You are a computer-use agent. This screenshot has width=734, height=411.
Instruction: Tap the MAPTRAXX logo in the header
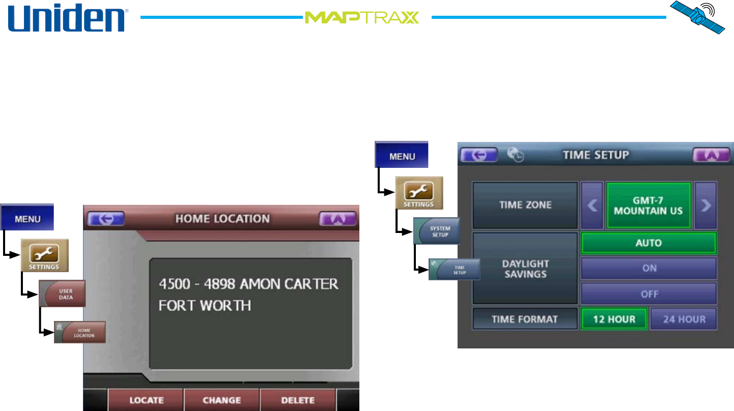[x=362, y=18]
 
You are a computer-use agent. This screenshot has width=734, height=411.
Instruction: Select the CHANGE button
[x=221, y=400]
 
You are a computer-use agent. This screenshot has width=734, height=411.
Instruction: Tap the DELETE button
[x=298, y=400]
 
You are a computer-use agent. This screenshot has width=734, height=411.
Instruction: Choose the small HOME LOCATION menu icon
[x=80, y=332]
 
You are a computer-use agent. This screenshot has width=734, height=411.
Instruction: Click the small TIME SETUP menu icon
[x=455, y=269]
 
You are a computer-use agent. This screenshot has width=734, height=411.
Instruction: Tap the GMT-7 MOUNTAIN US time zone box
[x=648, y=205]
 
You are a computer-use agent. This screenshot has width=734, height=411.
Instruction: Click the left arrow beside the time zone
[x=592, y=205]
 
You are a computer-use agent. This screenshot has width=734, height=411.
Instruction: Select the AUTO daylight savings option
[x=648, y=243]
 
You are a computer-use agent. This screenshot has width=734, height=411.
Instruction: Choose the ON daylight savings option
[x=648, y=268]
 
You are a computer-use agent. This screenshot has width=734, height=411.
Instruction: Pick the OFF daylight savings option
[x=648, y=293]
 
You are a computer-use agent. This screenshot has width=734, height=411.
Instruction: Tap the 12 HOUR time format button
[x=614, y=319]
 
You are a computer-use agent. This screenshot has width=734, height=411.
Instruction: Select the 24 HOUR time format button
[x=684, y=319]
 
